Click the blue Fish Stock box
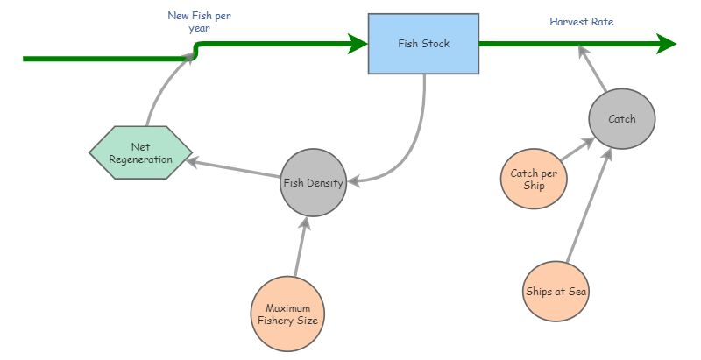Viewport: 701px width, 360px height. point(424,43)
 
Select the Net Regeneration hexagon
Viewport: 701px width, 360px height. point(141,152)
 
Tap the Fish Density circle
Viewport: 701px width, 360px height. point(313,184)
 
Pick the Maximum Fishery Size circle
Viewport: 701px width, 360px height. point(287,314)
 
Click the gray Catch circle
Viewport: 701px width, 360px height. point(621,119)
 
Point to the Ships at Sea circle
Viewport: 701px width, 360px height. point(556,291)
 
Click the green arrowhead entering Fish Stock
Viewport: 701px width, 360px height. point(358,43)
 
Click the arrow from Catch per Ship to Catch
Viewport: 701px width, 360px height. point(577,149)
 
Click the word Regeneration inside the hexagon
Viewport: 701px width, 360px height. point(141,159)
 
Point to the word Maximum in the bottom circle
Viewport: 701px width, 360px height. point(287,307)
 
